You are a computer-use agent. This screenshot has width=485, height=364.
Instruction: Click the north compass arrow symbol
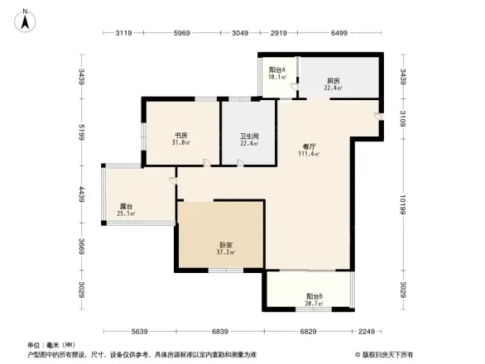coord(26,19)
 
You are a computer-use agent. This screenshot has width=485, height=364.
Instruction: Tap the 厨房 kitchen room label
coord(332,81)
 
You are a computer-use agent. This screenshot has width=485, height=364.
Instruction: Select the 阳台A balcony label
coord(277,70)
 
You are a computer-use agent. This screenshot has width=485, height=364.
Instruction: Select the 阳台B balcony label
coord(314,295)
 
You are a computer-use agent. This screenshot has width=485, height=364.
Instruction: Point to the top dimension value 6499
coord(339,33)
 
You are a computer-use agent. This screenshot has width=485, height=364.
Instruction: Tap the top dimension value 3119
coord(124,33)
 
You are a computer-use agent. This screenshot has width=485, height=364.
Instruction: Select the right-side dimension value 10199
coord(403,204)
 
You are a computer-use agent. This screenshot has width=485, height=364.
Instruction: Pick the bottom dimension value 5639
coord(140,332)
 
